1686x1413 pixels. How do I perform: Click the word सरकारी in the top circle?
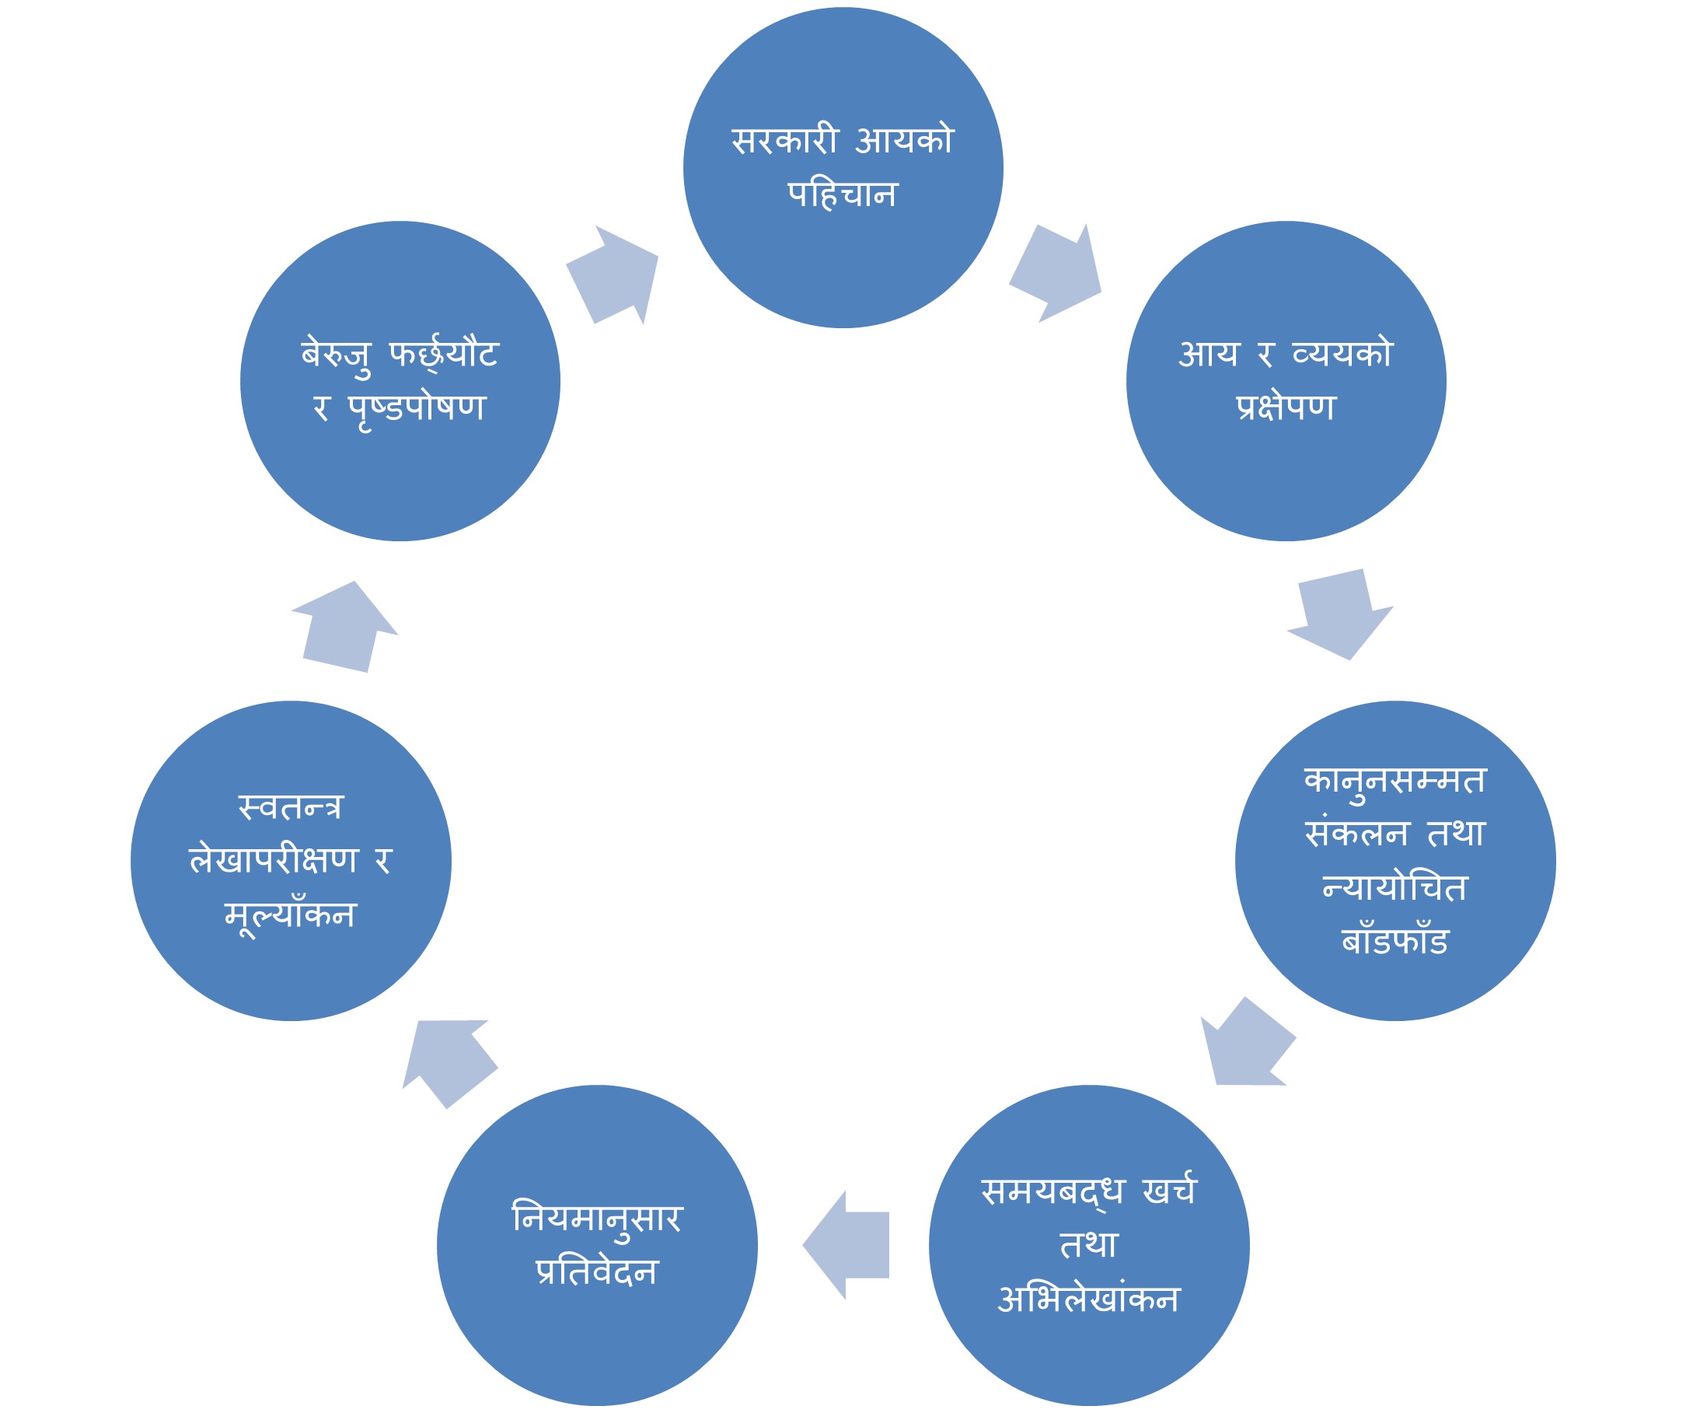pyautogui.click(x=784, y=141)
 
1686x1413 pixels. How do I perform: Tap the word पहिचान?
pyautogui.click(x=842, y=194)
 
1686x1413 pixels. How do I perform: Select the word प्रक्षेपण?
pyautogui.click(x=1286, y=407)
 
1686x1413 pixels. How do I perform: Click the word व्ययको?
pyautogui.click(x=1342, y=354)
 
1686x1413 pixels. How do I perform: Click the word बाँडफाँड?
pyautogui.click(x=1395, y=942)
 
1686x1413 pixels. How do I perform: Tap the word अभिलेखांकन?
pyautogui.click(x=1089, y=1299)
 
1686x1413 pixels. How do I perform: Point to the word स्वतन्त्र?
pyautogui.click(x=291, y=808)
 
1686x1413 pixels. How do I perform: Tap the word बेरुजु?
pyautogui.click(x=337, y=355)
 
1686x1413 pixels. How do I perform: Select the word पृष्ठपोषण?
pyautogui.click(x=417, y=408)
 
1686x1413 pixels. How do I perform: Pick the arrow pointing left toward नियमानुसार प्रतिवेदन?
pyautogui.click(x=848, y=1245)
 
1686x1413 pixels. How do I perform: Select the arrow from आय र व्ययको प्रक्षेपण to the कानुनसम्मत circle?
pyautogui.click(x=1340, y=614)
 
